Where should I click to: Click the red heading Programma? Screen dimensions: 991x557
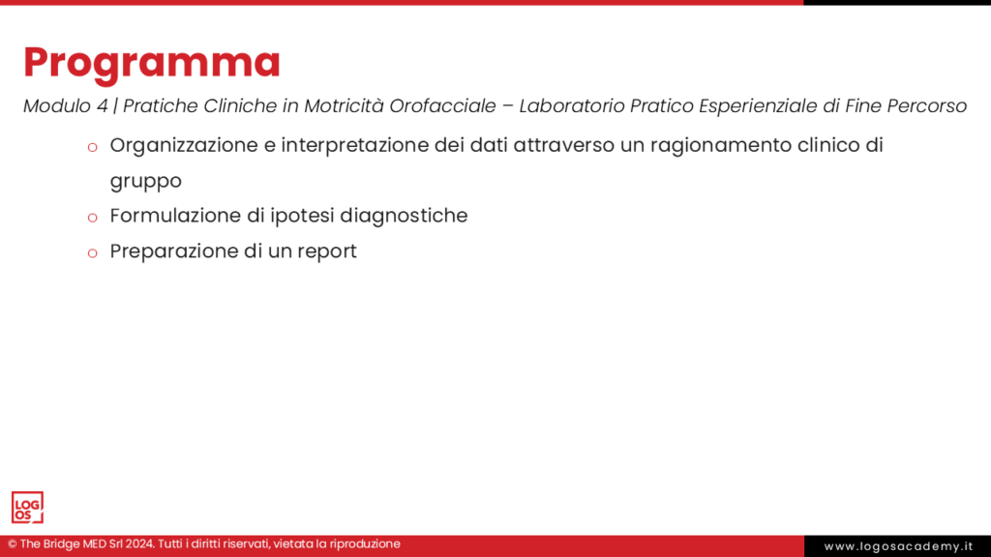152,64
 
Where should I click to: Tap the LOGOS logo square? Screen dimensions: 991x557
27,507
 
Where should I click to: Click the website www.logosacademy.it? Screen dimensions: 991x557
898,546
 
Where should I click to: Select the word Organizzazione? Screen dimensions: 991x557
184,146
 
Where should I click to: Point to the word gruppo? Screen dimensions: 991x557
146,182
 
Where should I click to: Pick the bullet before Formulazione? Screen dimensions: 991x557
92,218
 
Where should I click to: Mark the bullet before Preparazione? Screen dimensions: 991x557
92,253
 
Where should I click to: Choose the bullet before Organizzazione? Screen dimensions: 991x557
92,148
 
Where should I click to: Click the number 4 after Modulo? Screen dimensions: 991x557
102,106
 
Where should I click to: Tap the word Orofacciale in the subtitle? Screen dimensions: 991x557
442,106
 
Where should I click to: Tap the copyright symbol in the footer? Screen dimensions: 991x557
12,544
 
